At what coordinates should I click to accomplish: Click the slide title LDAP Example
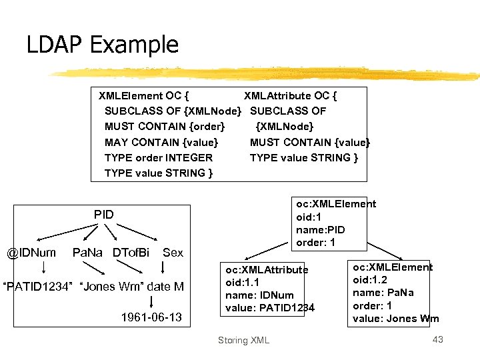click(x=103, y=45)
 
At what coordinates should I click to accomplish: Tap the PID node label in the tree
click(x=103, y=215)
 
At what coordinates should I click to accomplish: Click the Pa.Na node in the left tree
click(x=88, y=253)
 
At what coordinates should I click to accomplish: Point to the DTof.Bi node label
click(x=131, y=253)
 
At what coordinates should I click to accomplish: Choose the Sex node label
click(x=173, y=253)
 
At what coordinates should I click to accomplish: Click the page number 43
click(x=437, y=340)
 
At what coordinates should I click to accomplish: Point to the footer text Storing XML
click(x=243, y=341)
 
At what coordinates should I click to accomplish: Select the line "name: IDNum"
click(x=259, y=295)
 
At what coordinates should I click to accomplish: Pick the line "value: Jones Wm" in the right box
click(x=396, y=318)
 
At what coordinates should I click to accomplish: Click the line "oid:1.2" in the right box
click(x=371, y=280)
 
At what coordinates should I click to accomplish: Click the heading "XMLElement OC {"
click(x=146, y=95)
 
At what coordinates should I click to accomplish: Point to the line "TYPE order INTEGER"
click(x=159, y=158)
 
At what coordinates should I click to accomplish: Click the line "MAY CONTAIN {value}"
click(x=161, y=142)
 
